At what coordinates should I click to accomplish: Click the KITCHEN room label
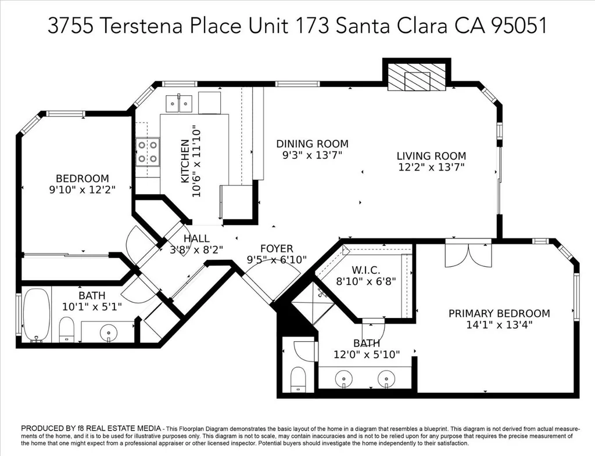click(x=185, y=161)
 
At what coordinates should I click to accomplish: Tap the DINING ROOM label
click(x=312, y=144)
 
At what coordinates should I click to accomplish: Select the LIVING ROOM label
click(x=432, y=156)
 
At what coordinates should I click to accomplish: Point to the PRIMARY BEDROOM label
click(x=499, y=314)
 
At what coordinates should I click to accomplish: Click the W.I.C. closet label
click(x=366, y=270)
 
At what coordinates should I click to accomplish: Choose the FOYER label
click(x=277, y=249)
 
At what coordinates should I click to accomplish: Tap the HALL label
click(x=196, y=238)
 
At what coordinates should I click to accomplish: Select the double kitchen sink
click(x=179, y=103)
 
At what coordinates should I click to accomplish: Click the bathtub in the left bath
click(x=37, y=315)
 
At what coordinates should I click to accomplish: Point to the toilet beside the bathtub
click(x=67, y=330)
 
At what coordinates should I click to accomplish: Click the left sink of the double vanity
click(x=344, y=378)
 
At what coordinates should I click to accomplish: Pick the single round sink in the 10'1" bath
click(x=109, y=333)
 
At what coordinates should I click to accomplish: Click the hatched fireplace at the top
click(x=416, y=77)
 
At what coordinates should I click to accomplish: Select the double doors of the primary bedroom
click(x=469, y=254)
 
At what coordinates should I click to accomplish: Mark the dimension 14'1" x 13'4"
click(x=499, y=325)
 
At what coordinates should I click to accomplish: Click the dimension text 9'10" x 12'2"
click(x=83, y=190)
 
